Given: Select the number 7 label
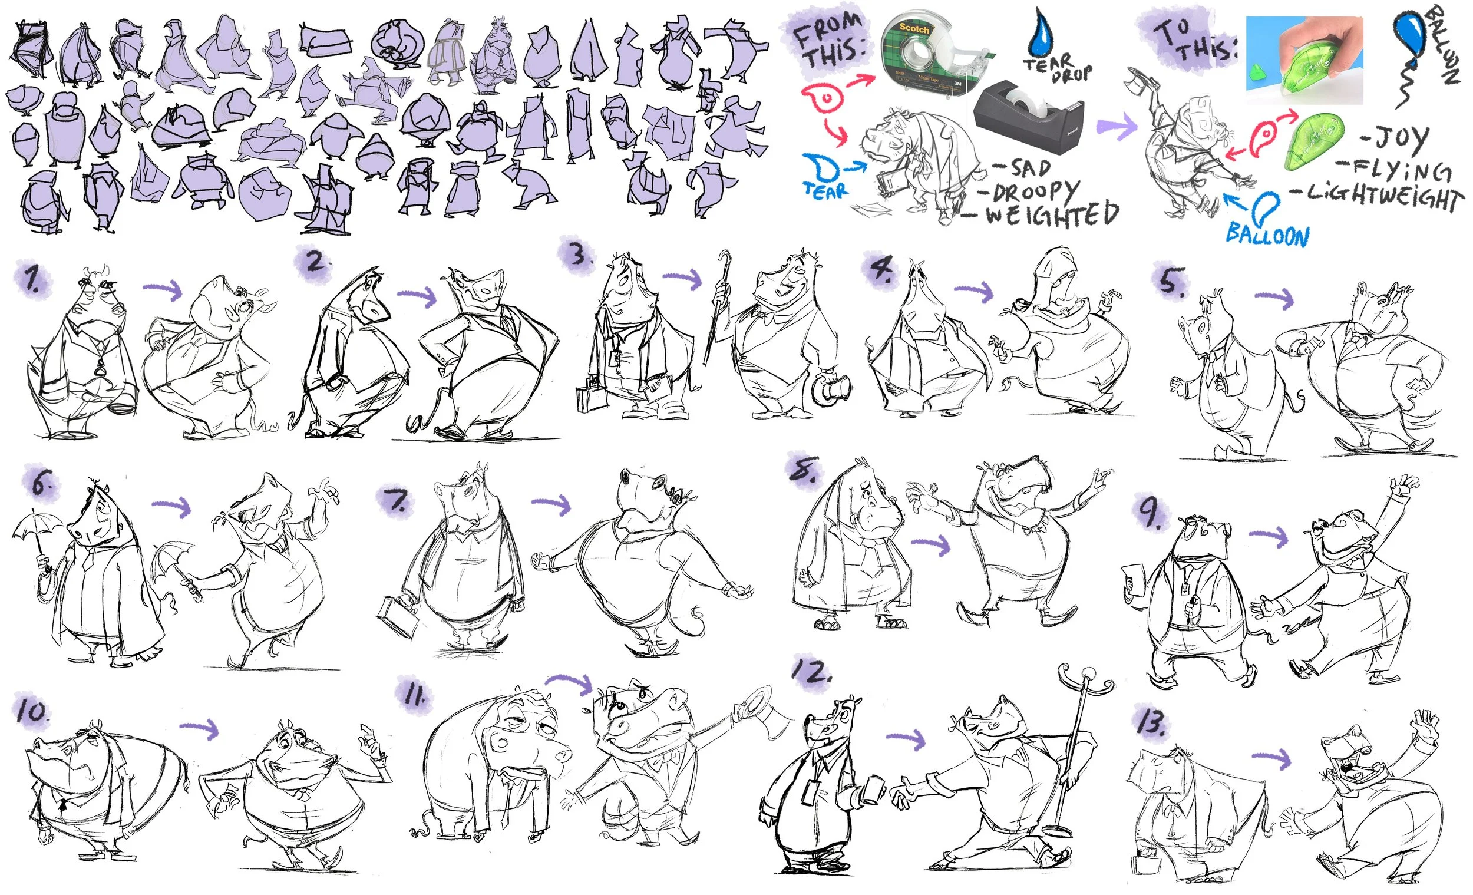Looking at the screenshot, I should (398, 501).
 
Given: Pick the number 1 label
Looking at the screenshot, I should (32, 279).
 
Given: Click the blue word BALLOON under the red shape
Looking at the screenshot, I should (1267, 235).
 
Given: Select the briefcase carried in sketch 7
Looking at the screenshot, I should (398, 616).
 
